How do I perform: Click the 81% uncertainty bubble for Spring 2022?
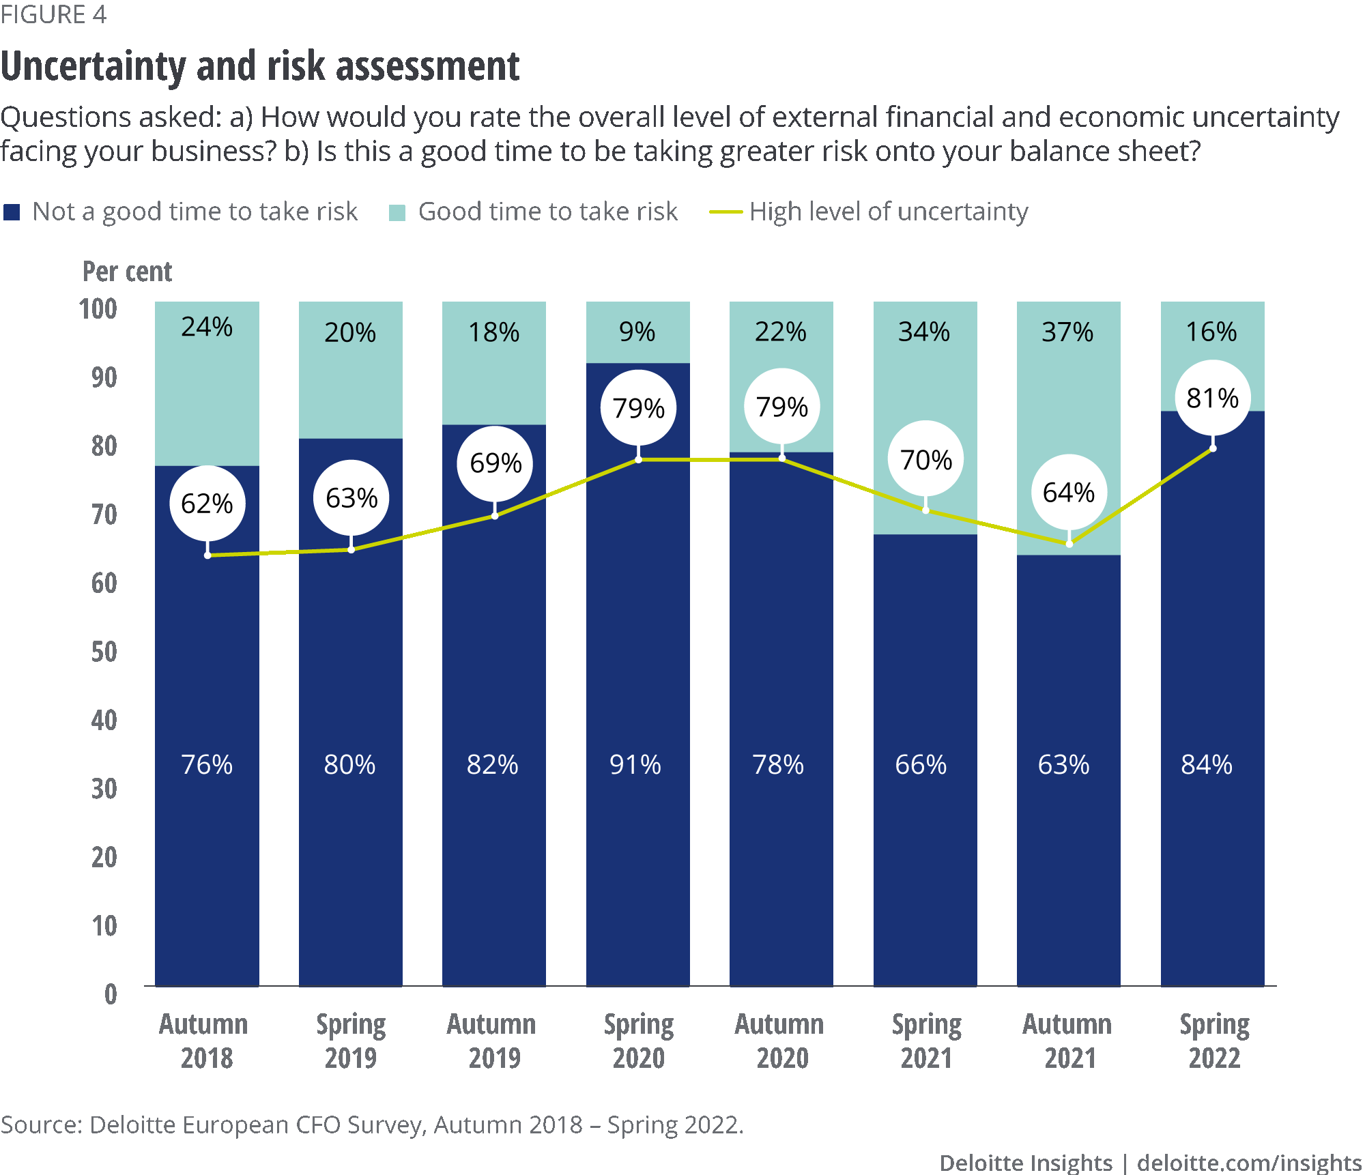[1212, 398]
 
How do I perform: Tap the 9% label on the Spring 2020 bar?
[637, 332]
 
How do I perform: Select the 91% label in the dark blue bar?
[635, 765]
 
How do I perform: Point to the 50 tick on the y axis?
[104, 652]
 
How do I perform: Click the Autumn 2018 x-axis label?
[204, 1041]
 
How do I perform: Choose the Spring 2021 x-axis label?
[926, 1041]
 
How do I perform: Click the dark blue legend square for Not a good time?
[12, 212]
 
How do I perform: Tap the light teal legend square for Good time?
[397, 213]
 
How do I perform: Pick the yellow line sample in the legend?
[725, 212]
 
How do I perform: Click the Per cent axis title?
[127, 272]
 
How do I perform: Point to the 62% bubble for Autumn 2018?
[207, 504]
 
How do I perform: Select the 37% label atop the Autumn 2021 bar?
[1067, 332]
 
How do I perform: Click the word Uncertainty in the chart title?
[93, 67]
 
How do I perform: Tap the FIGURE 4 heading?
[53, 14]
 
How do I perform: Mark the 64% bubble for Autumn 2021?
[1068, 492]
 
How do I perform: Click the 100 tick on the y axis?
[98, 309]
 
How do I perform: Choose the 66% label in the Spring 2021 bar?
[921, 765]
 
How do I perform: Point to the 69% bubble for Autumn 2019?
[495, 463]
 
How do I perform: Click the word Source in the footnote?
[40, 1125]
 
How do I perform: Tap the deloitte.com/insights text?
[1249, 1163]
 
